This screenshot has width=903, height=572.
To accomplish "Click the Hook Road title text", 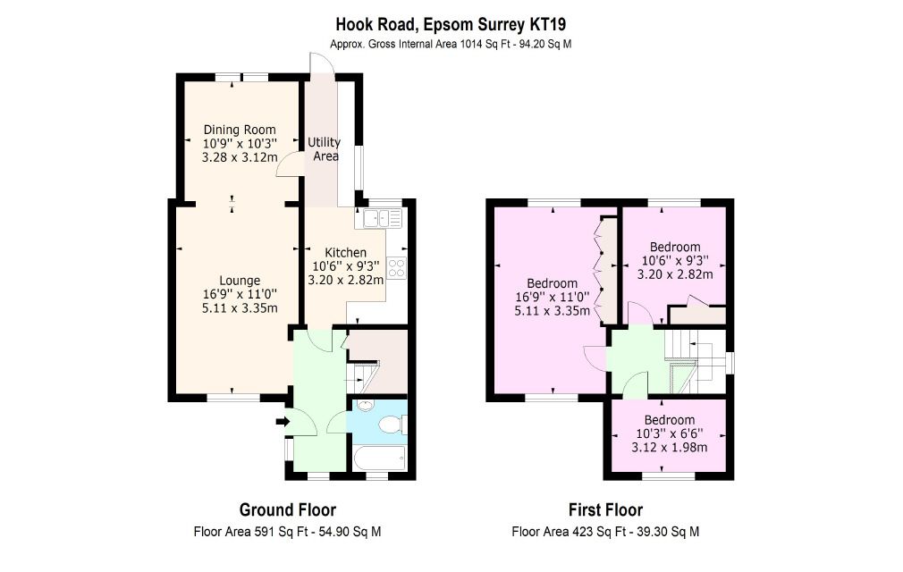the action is click(451, 24).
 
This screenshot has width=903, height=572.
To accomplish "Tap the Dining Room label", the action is click(240, 130).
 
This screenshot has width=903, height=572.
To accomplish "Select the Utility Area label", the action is click(325, 149).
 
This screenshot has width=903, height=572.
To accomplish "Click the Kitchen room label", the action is click(345, 252).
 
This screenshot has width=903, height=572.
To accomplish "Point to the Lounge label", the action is click(240, 281).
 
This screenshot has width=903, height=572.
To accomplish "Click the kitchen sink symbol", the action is click(383, 219).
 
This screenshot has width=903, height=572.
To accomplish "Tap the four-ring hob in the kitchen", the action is click(396, 269).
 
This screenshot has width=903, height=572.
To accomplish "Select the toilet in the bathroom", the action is click(392, 425).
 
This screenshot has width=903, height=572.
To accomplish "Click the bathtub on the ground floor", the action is click(379, 458).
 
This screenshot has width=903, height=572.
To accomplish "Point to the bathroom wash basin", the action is click(364, 405).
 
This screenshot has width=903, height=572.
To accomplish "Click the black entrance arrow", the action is click(283, 422).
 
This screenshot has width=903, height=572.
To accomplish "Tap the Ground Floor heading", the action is click(287, 509).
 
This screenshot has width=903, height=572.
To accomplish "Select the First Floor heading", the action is click(605, 509).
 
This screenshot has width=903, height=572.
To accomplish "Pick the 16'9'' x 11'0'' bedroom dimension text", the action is click(553, 297).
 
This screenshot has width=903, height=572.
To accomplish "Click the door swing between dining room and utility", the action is click(288, 164).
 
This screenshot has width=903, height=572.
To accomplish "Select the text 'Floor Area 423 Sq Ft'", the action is click(569, 532).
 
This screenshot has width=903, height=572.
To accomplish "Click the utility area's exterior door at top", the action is click(322, 63).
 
